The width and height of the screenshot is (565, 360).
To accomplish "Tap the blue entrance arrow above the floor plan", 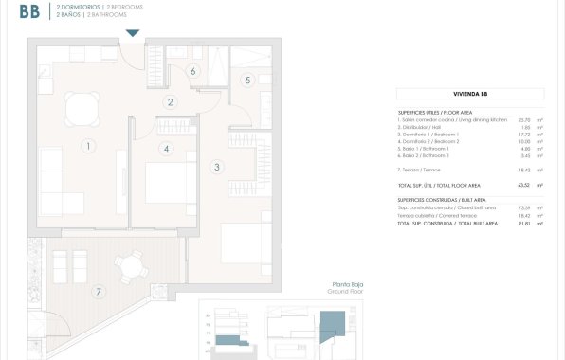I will point(133,33).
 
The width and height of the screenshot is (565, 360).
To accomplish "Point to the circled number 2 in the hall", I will point(171,102).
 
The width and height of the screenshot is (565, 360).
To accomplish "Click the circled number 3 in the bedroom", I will point(217,167).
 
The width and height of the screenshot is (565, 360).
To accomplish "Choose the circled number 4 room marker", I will point(166,148).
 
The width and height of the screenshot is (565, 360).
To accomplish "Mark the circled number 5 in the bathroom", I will point(247,81).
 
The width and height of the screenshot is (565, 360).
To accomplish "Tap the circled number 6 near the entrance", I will point(192,70).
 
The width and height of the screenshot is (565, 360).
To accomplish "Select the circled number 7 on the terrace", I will point(98,292).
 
